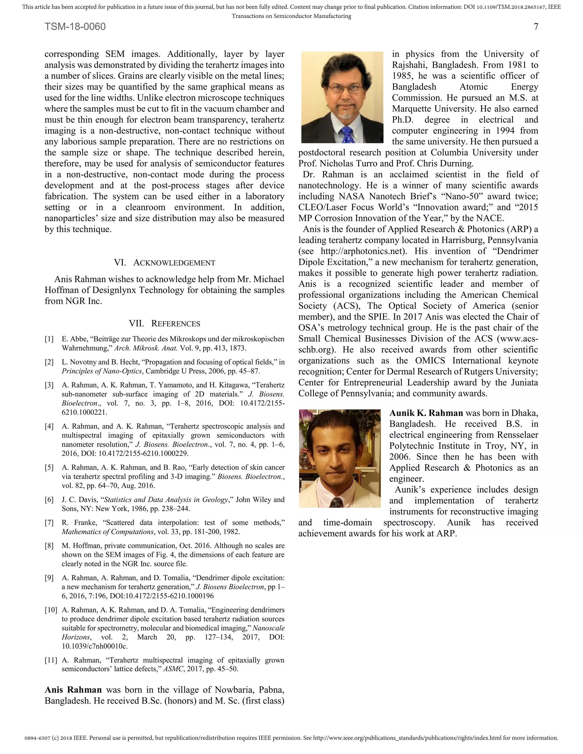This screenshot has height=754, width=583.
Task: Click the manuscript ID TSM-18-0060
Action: [75, 26]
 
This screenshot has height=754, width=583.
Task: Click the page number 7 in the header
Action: [536, 26]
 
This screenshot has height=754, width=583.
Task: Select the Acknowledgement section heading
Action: [165, 263]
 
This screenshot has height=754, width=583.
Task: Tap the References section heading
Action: [165, 324]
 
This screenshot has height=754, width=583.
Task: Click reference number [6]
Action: [49, 500]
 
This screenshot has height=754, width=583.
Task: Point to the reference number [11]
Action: [51, 660]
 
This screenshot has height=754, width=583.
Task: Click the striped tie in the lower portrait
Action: [337, 502]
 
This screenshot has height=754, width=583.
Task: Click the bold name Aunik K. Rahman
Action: [426, 413]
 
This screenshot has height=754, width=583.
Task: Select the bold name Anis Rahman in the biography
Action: [73, 690]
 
